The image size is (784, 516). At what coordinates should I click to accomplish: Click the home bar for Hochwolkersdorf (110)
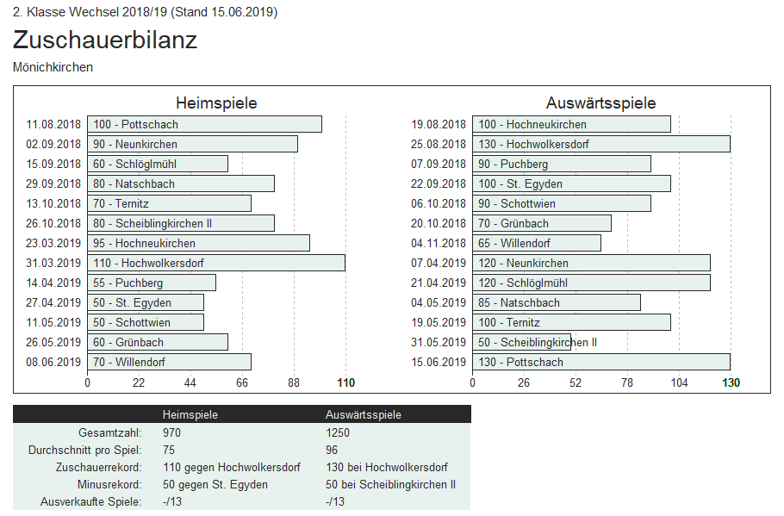[215, 263]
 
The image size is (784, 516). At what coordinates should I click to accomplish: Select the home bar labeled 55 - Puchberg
[151, 283]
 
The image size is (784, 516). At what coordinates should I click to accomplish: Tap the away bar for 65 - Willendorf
[536, 243]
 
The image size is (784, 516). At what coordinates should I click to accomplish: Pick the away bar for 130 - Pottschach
[600, 362]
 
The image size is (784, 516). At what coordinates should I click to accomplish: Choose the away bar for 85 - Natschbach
[556, 302]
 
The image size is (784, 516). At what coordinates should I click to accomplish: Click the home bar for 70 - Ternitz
[169, 203]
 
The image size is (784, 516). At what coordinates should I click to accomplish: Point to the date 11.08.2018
[53, 124]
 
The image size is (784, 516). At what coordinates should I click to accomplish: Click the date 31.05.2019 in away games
[439, 342]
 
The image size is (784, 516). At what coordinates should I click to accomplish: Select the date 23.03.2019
[53, 243]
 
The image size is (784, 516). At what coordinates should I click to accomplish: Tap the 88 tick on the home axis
[294, 382]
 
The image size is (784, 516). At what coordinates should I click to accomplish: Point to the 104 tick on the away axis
[679, 382]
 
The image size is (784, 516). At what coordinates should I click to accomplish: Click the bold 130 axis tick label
[731, 382]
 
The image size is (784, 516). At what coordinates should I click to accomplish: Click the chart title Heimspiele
[216, 103]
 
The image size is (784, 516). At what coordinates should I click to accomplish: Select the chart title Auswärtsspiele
[600, 103]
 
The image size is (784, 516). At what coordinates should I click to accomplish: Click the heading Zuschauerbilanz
[105, 40]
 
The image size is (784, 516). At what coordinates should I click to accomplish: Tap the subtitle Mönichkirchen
[53, 67]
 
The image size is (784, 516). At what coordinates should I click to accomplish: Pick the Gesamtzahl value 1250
[338, 432]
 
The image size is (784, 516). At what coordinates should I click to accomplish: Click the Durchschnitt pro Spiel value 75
[169, 450]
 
